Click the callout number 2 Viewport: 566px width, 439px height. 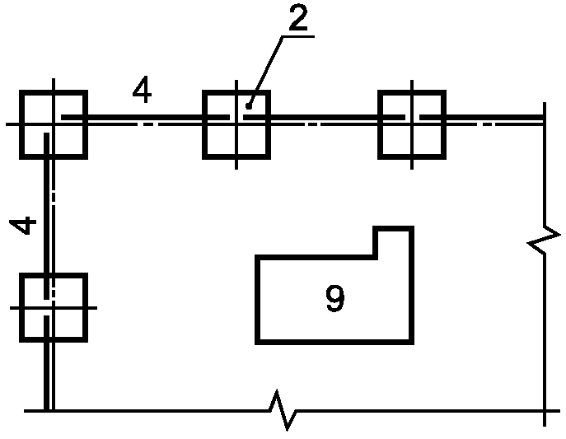[x=298, y=19]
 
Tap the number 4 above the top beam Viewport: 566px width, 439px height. [x=143, y=91]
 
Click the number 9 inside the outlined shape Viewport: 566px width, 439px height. [x=334, y=299]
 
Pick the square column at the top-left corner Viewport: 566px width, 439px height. [x=53, y=124]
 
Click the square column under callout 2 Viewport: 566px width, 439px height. [x=236, y=124]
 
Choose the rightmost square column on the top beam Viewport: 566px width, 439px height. [x=412, y=124]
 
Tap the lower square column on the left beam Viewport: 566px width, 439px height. [x=53, y=307]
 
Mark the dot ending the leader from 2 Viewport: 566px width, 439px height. [x=248, y=104]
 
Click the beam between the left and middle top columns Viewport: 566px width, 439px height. [x=144, y=120]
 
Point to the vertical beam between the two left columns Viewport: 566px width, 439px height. [x=52, y=214]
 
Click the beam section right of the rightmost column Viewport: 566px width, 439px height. [x=494, y=120]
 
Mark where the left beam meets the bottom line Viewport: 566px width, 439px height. [x=51, y=409]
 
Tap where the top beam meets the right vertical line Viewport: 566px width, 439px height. [x=543, y=121]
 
